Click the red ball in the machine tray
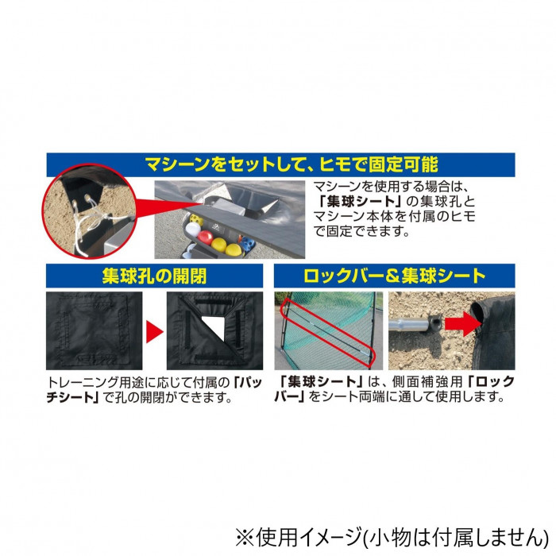(x=205, y=237)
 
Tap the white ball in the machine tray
(x=193, y=230)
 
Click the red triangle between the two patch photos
(x=155, y=332)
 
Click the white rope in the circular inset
(x=84, y=222)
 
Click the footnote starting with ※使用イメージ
(x=392, y=537)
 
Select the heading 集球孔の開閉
(x=154, y=276)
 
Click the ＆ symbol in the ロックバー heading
(x=392, y=276)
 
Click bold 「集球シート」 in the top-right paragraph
(x=359, y=202)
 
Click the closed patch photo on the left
(x=95, y=331)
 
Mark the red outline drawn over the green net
(x=327, y=331)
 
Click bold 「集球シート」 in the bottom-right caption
(x=321, y=382)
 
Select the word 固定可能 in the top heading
(x=403, y=165)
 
